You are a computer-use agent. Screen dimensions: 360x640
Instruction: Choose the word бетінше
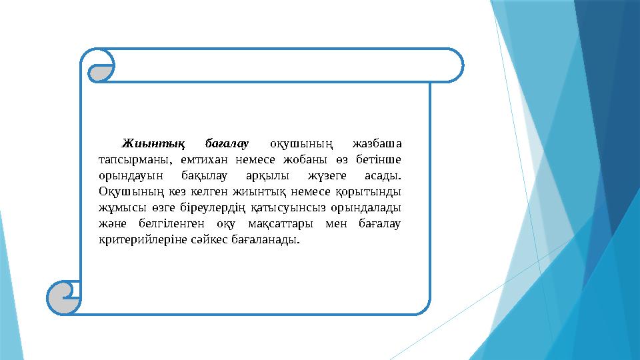point(377,159)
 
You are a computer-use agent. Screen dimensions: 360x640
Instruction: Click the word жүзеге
point(327,176)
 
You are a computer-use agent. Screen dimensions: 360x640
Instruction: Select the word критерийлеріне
point(137,240)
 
